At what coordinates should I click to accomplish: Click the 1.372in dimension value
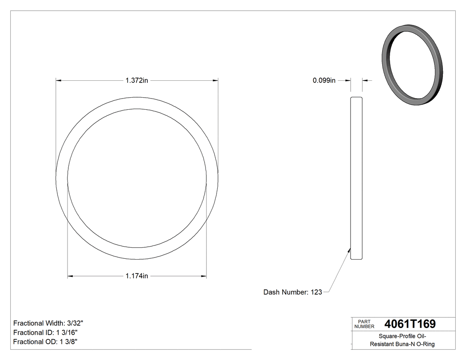pyautogui.click(x=136, y=80)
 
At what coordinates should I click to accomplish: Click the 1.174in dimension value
pyautogui.click(x=136, y=276)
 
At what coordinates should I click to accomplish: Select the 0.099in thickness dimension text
pyautogui.click(x=324, y=80)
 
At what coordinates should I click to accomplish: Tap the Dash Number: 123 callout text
pyautogui.click(x=292, y=292)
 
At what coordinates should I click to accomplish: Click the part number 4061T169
pyautogui.click(x=410, y=324)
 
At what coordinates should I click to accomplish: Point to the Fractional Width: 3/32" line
pyautogui.click(x=48, y=323)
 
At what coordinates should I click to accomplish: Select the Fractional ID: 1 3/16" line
pyautogui.click(x=46, y=332)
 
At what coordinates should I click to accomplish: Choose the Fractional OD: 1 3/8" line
pyautogui.click(x=46, y=342)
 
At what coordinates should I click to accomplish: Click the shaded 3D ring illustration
pyautogui.click(x=412, y=67)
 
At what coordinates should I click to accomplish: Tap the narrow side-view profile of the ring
pyautogui.click(x=356, y=178)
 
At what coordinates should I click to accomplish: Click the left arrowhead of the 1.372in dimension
pyautogui.click(x=58, y=80)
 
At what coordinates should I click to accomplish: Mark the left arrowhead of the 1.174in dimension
pyautogui.click(x=70, y=276)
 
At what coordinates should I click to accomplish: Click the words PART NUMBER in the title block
pyautogui.click(x=364, y=324)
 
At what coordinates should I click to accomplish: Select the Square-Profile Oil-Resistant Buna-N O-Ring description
pyautogui.click(x=403, y=340)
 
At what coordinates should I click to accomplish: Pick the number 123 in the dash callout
pyautogui.click(x=316, y=292)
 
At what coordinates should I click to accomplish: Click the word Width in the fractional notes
pyautogui.click(x=54, y=323)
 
